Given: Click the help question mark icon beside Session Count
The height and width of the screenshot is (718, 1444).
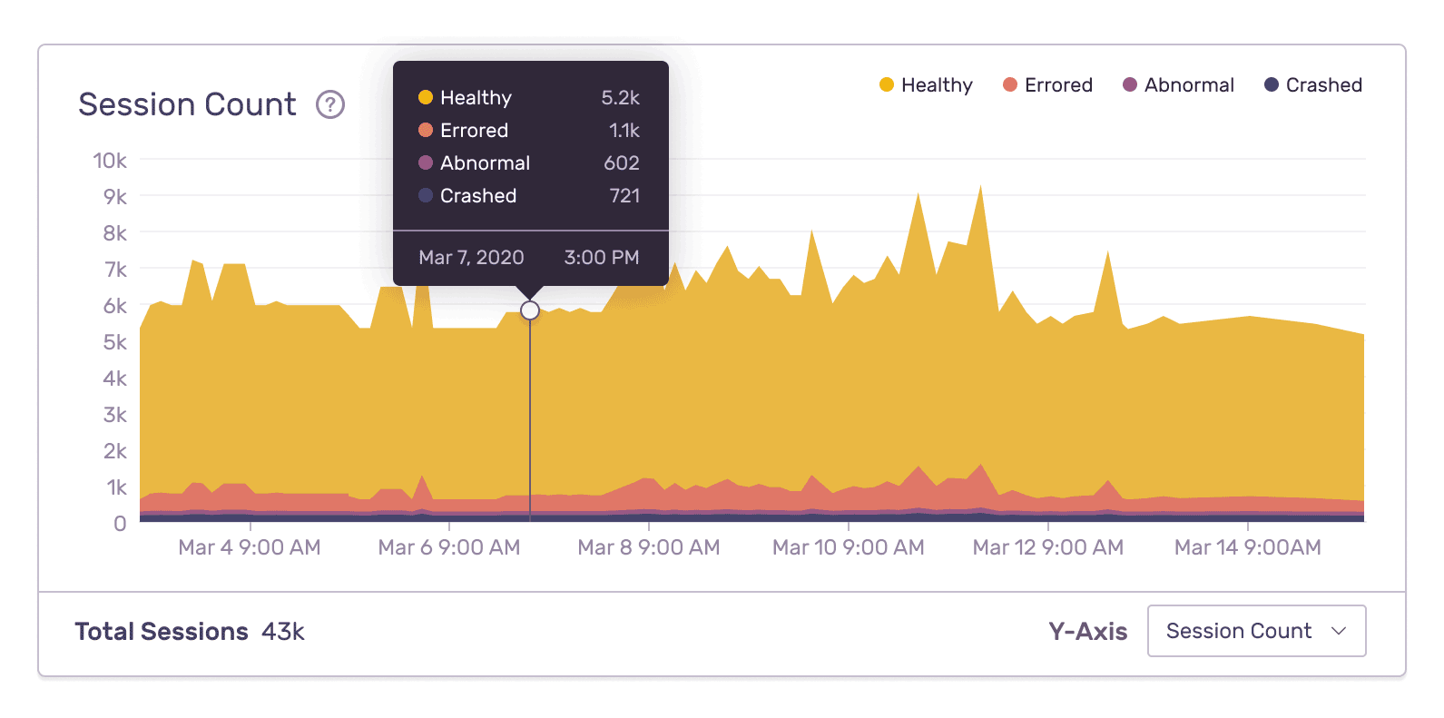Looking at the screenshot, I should coord(330,105).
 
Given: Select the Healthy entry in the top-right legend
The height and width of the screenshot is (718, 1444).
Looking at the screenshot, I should coord(926,85).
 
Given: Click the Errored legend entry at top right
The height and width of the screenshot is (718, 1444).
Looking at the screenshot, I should coord(1047,85).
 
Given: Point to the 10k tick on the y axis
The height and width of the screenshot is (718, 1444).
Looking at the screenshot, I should coord(110,161).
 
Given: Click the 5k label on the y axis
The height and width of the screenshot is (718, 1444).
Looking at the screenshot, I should coord(114,342).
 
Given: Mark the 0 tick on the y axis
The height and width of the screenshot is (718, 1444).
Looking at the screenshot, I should coord(120,524).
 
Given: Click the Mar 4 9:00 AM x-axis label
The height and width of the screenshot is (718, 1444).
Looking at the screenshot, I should coord(250,547).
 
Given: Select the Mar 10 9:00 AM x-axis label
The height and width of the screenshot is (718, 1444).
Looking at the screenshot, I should coord(848,547).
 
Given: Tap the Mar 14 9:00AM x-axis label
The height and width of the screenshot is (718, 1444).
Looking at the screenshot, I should coord(1247,547).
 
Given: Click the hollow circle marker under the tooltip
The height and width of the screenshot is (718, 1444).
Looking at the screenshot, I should coord(530,311).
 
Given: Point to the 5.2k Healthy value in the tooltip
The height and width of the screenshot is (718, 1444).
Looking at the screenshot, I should coord(620,98).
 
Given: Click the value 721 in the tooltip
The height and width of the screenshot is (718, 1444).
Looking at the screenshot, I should coord(624,196).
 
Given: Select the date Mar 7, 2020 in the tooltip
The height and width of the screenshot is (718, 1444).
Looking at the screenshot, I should coord(471,258).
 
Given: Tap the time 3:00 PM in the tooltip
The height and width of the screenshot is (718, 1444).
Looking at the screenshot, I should coord(601,258).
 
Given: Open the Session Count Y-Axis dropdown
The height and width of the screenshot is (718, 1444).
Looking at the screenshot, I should coord(1256,631).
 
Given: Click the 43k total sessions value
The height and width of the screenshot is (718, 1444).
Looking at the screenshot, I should coord(283,632).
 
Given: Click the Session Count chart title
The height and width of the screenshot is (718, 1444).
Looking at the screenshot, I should coord(187,104).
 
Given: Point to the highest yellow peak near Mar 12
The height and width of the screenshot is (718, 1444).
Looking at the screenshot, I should coord(980,190).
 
